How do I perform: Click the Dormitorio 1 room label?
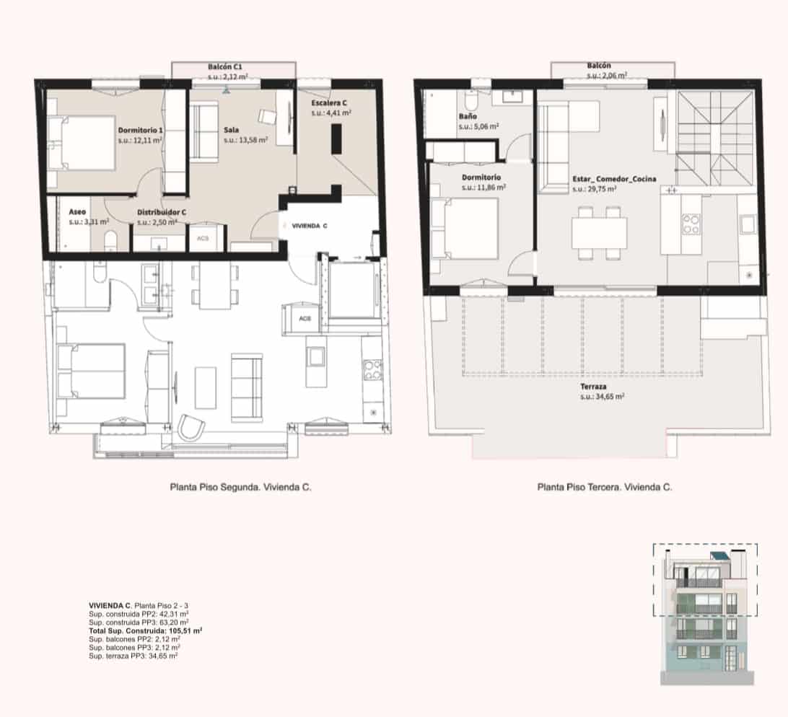140,130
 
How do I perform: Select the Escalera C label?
328,103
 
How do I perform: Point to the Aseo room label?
77,212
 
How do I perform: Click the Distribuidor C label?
162,213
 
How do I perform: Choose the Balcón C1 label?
225,67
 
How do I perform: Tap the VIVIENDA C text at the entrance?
310,226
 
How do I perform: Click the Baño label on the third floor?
468,116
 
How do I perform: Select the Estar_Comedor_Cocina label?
614,179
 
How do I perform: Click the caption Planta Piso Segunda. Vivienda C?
241,487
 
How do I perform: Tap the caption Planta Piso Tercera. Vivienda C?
605,487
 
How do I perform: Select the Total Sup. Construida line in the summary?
145,630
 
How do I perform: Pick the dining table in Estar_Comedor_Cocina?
599,233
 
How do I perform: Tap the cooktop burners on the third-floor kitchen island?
691,224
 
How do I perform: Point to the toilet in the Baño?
471,101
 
